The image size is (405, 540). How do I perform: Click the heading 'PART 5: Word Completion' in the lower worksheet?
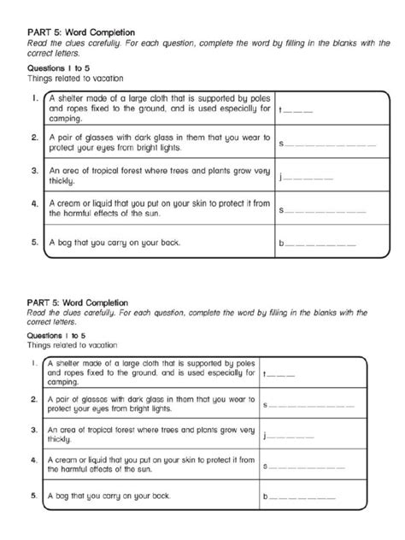pyautogui.click(x=78, y=302)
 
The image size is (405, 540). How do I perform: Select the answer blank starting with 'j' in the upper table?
pyautogui.click(x=307, y=177)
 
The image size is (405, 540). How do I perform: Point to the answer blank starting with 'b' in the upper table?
pyautogui.click(x=328, y=244)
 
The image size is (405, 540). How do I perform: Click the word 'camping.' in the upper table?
pyautogui.click(x=66, y=120)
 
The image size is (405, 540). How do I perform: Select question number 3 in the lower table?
pyautogui.click(x=32, y=430)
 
